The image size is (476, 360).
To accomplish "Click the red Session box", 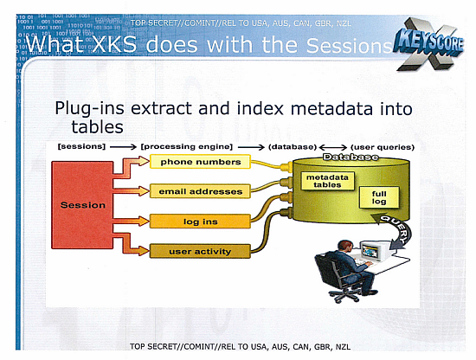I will [82, 205].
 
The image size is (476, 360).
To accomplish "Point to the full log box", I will [379, 197].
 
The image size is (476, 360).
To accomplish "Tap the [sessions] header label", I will [80, 146].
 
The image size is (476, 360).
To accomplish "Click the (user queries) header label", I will [383, 146].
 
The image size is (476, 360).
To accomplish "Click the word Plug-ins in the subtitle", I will [86, 108].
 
